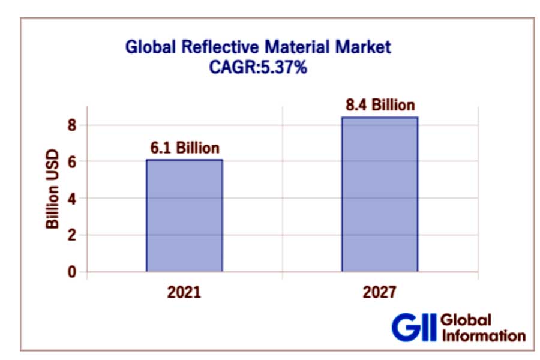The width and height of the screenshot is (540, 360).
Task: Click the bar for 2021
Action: [x=184, y=215]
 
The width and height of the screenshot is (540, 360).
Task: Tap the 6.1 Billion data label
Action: [x=184, y=148]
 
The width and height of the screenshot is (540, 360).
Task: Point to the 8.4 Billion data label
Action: [x=380, y=105]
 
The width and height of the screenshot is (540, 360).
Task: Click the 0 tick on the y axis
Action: [x=73, y=272]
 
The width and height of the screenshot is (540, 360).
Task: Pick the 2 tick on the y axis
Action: [x=73, y=235]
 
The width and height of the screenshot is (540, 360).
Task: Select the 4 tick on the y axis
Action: [x=73, y=199]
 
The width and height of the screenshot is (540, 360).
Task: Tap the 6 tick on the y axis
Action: [x=73, y=162]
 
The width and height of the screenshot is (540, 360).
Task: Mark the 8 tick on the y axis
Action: [x=73, y=125]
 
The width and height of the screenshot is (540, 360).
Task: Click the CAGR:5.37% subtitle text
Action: [x=258, y=67]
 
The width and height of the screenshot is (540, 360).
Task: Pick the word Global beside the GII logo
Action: [x=466, y=320]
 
